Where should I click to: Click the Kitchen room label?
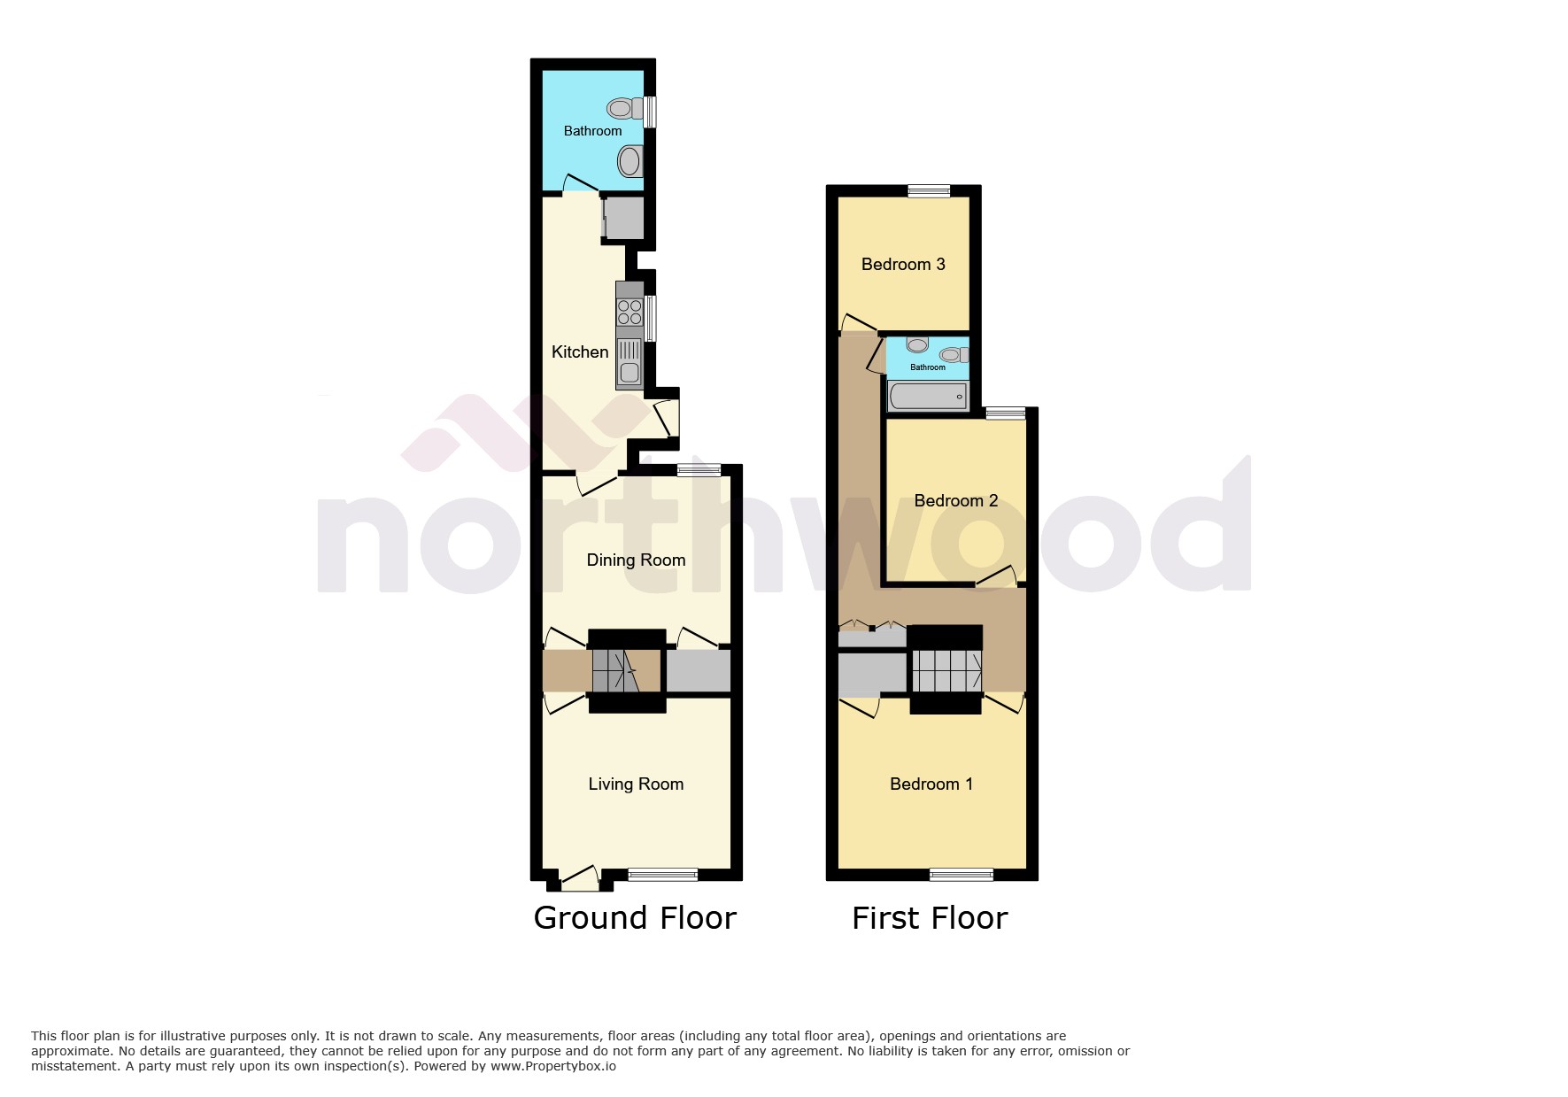(x=580, y=352)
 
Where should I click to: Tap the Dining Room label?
(x=636, y=560)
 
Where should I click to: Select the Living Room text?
(x=636, y=784)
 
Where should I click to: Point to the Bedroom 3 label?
(x=903, y=264)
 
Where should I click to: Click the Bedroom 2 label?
(x=955, y=501)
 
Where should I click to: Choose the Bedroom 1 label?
(x=931, y=784)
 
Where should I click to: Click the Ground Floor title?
(x=635, y=918)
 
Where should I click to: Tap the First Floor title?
(x=930, y=918)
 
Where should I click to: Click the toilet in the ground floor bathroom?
(x=623, y=109)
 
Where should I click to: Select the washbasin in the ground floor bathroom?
(x=630, y=162)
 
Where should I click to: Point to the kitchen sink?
(x=630, y=364)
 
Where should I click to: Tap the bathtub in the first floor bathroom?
(x=928, y=396)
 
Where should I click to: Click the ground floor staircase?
(x=616, y=670)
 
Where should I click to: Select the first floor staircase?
(x=946, y=670)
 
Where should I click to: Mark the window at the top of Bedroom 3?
(x=929, y=190)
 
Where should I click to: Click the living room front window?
(x=662, y=875)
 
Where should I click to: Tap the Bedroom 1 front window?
(x=961, y=875)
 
